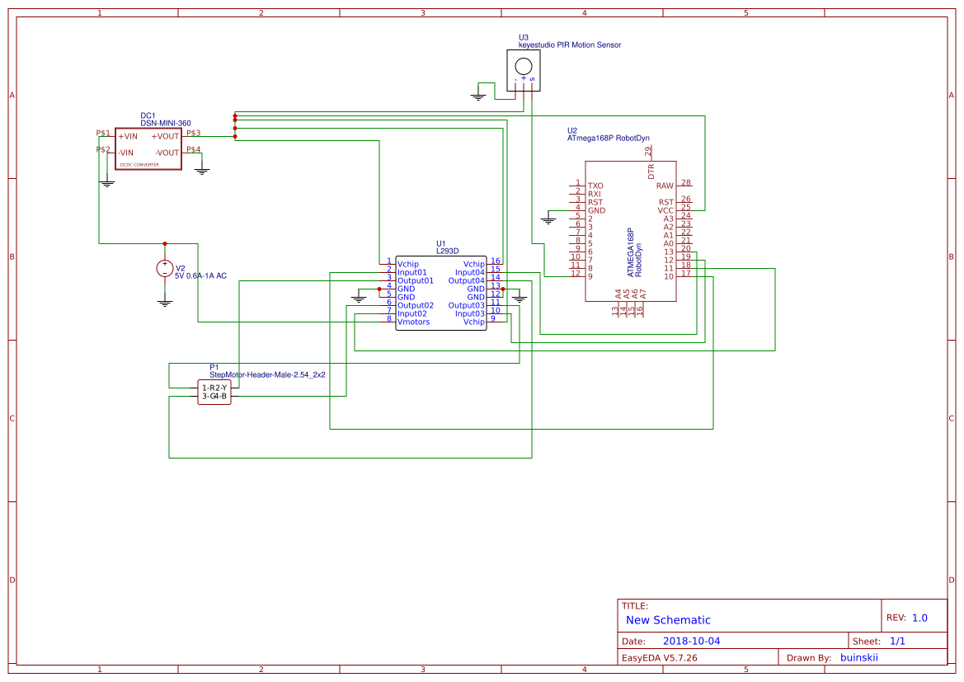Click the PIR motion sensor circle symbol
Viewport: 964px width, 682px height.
523,66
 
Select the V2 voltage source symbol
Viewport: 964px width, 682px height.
165,269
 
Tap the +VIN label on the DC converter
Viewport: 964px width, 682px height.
127,136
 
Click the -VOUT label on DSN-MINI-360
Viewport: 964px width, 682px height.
167,153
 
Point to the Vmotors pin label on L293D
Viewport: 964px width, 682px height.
413,322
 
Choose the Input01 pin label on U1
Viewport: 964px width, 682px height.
411,272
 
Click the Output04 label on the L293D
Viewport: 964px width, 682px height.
466,280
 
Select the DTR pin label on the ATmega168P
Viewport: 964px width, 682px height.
651,172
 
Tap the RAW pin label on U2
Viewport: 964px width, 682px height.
665,186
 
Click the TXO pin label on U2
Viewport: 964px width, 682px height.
595,186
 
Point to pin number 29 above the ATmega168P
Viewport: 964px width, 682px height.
649,151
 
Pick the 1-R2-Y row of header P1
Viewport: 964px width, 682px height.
214,388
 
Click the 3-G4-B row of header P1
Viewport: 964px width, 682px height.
214,397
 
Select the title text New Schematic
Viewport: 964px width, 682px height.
668,620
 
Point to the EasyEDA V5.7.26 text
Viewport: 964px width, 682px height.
660,657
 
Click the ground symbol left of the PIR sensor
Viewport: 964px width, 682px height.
477,96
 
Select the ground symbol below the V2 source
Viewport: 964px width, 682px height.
165,302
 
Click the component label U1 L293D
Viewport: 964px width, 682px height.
446,247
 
